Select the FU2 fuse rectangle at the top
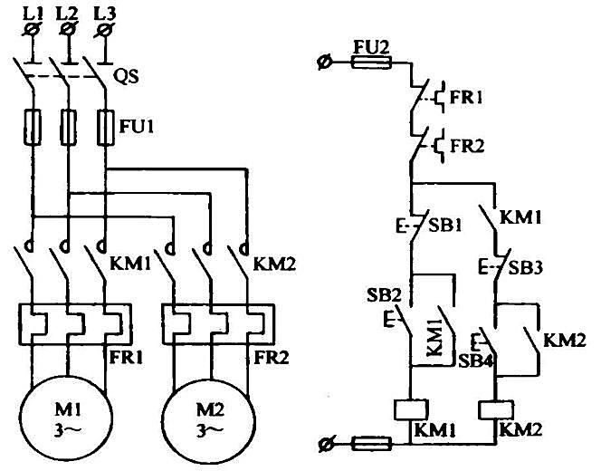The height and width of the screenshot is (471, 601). click(371, 62)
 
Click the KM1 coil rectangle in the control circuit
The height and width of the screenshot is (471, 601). click(411, 409)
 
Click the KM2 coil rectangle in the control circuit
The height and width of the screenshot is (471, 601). click(496, 410)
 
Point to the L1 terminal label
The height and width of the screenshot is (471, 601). click(33, 14)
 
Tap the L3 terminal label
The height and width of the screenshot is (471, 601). click(104, 14)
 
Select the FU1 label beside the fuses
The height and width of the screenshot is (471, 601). click(137, 126)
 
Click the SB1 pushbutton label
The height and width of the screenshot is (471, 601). click(445, 226)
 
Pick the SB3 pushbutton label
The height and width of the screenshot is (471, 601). click(526, 268)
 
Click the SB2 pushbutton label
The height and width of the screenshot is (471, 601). click(384, 295)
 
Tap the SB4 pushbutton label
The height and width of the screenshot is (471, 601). click(475, 360)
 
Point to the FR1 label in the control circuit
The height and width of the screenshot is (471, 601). click(466, 98)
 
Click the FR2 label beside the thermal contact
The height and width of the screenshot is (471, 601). click(467, 146)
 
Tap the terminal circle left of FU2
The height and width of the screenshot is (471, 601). click(324, 62)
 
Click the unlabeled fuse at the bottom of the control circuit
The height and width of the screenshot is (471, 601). click(371, 444)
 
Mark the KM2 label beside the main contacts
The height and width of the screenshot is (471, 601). click(275, 264)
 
